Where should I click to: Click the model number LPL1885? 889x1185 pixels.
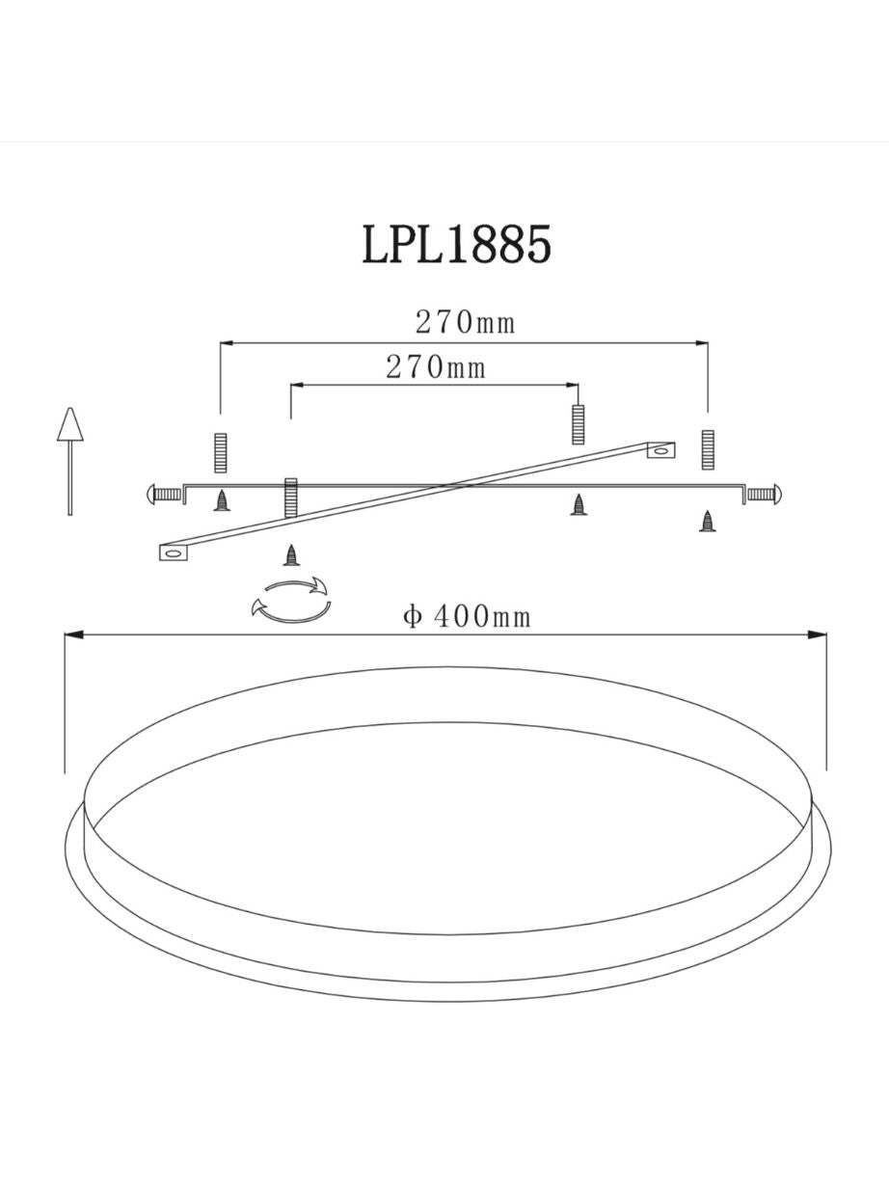pyautogui.click(x=457, y=244)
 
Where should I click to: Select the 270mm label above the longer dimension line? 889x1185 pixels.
pyautogui.click(x=465, y=323)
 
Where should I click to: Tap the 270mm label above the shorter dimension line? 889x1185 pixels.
pyautogui.click(x=436, y=367)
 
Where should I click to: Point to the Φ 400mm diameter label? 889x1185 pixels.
pyautogui.click(x=467, y=616)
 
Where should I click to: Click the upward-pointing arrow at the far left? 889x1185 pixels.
pyautogui.click(x=70, y=462)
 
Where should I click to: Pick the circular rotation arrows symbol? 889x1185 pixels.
pyautogui.click(x=291, y=599)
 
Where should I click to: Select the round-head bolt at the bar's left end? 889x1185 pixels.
pyautogui.click(x=164, y=494)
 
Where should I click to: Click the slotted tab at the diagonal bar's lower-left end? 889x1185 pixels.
pyautogui.click(x=174, y=552)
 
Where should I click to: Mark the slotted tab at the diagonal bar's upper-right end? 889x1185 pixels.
pyautogui.click(x=660, y=449)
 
